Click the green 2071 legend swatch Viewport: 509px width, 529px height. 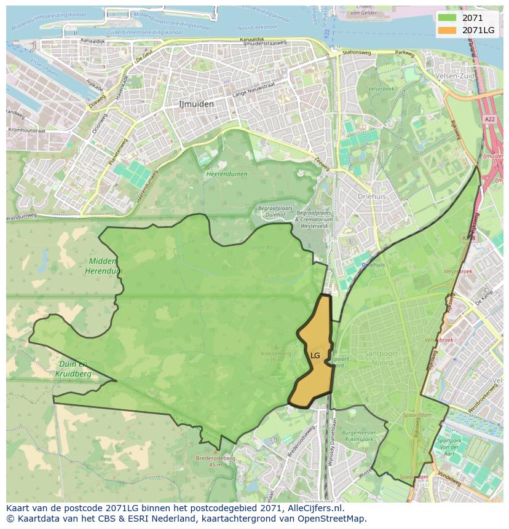[448, 18]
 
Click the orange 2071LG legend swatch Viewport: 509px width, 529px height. [448, 30]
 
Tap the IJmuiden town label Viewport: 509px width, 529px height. [196, 104]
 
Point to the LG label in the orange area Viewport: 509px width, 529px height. [315, 356]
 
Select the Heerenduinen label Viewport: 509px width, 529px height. [227, 174]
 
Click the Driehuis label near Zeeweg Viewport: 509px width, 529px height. [372, 197]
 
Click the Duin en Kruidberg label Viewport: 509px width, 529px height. [73, 369]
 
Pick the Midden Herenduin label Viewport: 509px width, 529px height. [103, 267]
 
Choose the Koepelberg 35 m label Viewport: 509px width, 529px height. [275, 356]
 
